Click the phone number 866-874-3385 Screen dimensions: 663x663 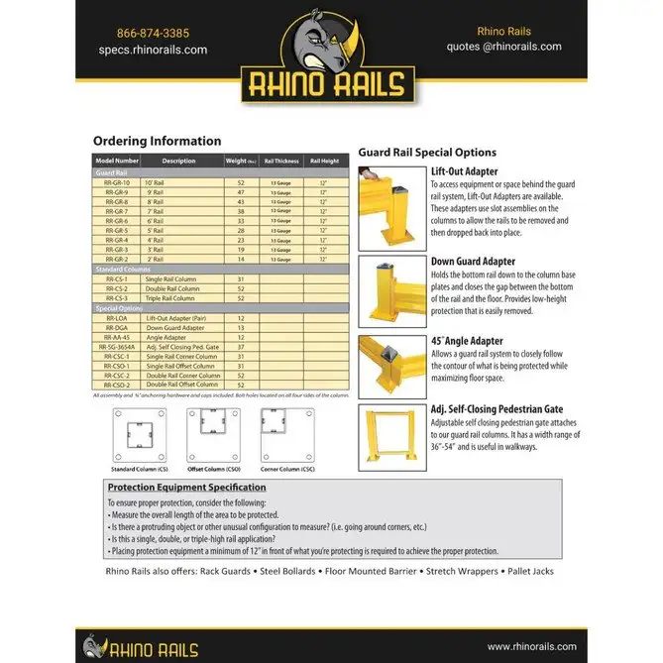point(153,32)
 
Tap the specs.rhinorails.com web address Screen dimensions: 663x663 point(153,50)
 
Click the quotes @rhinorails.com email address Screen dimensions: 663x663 point(504,47)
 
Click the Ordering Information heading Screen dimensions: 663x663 point(158,141)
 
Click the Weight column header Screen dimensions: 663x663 point(239,161)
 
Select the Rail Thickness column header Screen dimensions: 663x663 point(281,161)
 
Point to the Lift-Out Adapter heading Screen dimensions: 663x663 point(465,171)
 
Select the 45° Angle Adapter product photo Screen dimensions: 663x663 point(392,366)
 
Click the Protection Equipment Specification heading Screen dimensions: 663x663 point(186,488)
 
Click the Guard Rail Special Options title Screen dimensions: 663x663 point(427,153)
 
